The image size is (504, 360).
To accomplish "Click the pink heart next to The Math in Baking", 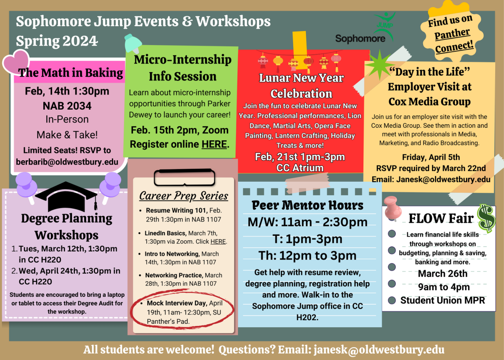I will (x=15, y=62).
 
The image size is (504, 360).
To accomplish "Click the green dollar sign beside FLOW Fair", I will (x=486, y=218).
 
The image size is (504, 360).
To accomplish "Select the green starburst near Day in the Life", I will (x=378, y=65).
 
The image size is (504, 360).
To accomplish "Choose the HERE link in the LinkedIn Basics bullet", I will (x=218, y=241).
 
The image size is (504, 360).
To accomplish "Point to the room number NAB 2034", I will (x=67, y=106).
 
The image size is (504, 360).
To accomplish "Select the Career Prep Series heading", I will (x=183, y=195).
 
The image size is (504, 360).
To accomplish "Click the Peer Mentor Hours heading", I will (x=307, y=205).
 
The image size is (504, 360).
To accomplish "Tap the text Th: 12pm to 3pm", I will (x=307, y=255).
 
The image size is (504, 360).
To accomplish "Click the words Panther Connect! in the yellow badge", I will (x=453, y=40).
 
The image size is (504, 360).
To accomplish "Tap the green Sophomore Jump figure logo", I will (x=383, y=22).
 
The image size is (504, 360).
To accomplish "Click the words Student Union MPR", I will (x=443, y=300).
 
